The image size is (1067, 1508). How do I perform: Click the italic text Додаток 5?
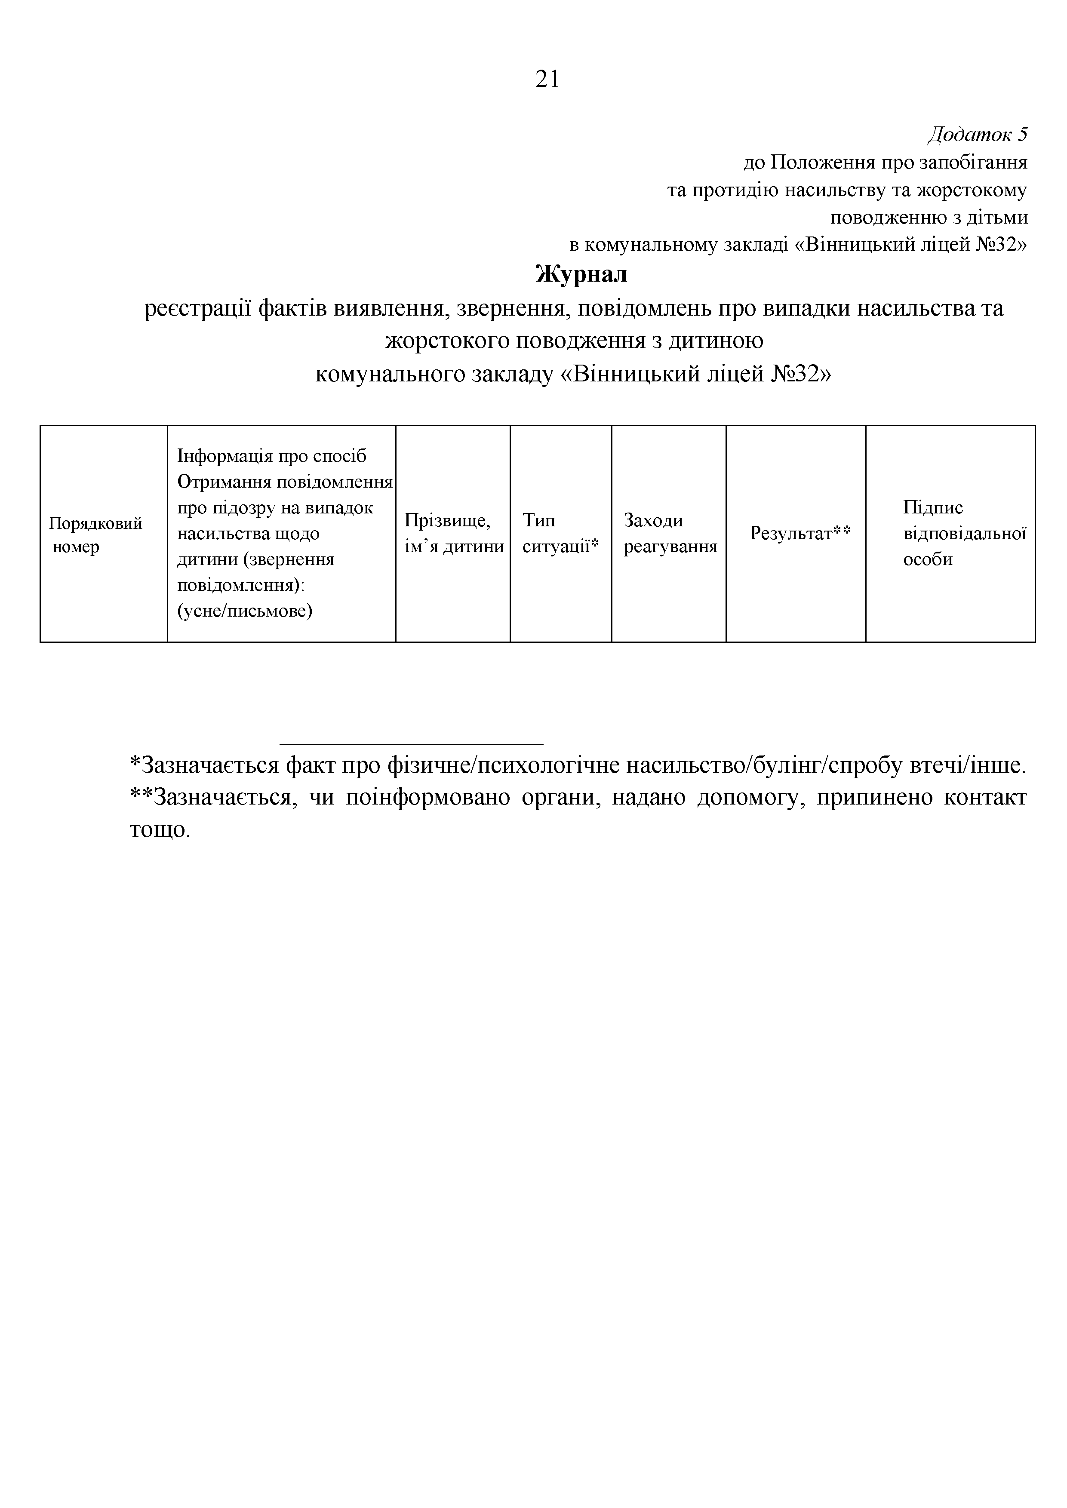977,134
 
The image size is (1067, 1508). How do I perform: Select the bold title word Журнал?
581,274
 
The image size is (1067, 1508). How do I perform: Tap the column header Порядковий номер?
95,534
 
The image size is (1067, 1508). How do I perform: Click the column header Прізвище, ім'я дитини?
453,533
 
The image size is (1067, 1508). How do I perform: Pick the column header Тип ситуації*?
560,533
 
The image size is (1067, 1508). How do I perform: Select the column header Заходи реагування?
670,533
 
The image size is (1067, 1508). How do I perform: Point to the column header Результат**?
800,533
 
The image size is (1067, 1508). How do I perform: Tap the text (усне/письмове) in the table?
244,611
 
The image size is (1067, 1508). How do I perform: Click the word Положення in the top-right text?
823,162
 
